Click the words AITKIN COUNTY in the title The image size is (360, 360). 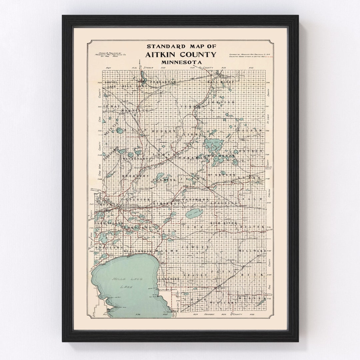[180, 55]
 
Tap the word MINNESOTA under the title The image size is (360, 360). [180, 62]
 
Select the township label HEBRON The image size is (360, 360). [163, 131]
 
